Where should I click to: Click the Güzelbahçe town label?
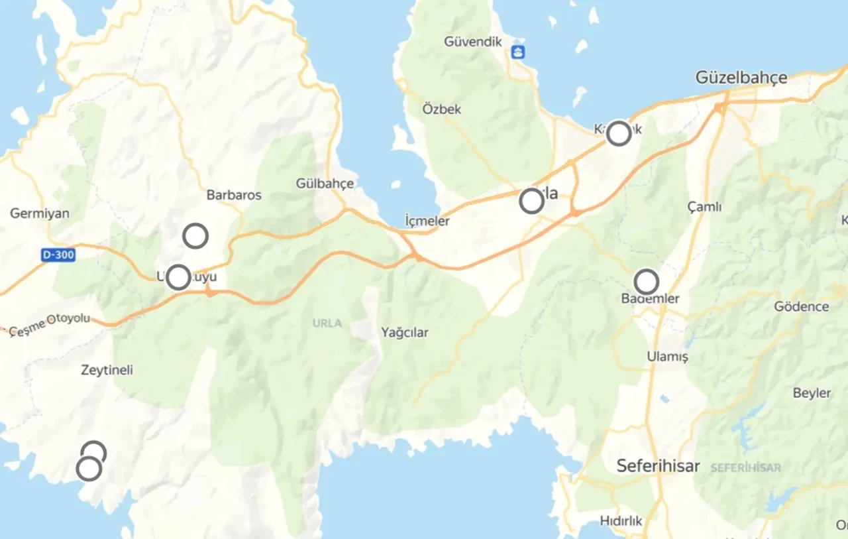pos(741,78)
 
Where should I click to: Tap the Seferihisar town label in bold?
pos(658,466)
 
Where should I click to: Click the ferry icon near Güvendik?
pos(518,52)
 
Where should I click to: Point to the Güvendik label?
pos(472,42)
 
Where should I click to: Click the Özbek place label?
pos(442,109)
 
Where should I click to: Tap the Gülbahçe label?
pos(325,184)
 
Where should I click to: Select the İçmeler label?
pos(427,221)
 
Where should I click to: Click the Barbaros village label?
pos(234,195)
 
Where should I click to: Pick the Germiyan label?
pos(40,213)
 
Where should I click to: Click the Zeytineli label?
pos(107,370)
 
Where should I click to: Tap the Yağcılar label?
pos(404,332)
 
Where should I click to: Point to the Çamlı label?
pos(704,207)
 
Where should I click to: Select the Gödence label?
pos(802,306)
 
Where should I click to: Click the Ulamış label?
pos(667,357)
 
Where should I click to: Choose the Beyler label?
pos(812,393)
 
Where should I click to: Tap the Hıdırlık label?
pos(621,521)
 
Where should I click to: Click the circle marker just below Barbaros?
pos(195,235)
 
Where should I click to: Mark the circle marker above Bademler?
pos(647,282)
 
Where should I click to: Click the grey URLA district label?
pos(327,324)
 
